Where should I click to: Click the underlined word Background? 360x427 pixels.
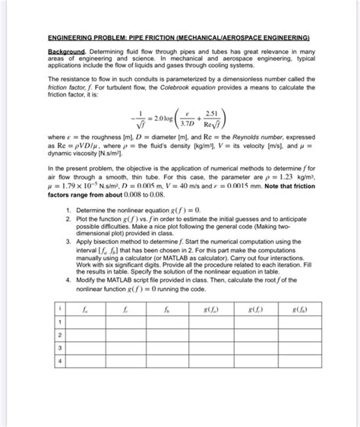pos(64,52)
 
